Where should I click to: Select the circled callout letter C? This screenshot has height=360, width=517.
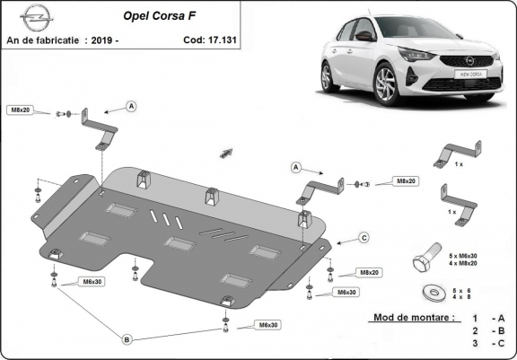click(364, 237)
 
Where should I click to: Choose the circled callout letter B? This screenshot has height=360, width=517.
click(127, 338)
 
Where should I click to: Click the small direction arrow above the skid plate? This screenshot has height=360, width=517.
click(225, 153)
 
